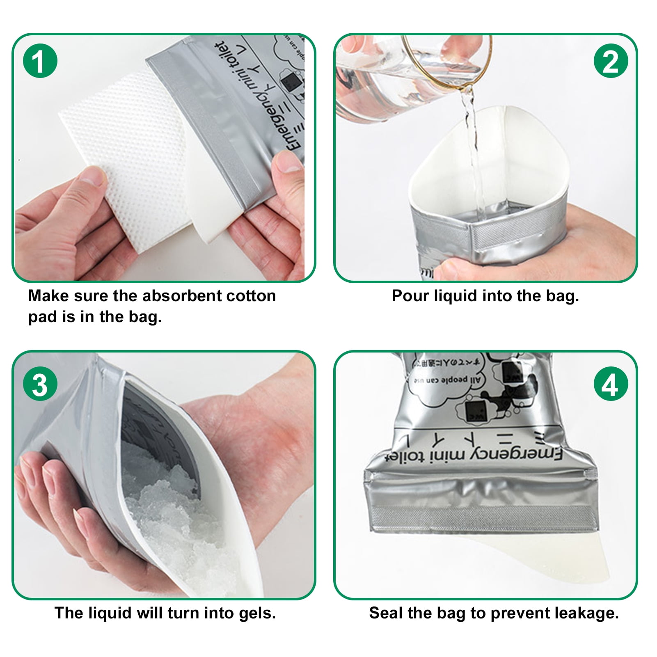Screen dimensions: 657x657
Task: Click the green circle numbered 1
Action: click(x=40, y=61)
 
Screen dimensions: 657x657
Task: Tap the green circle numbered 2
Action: click(x=611, y=61)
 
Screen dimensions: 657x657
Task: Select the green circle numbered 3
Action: click(x=40, y=385)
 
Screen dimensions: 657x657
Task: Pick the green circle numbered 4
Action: click(x=611, y=385)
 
